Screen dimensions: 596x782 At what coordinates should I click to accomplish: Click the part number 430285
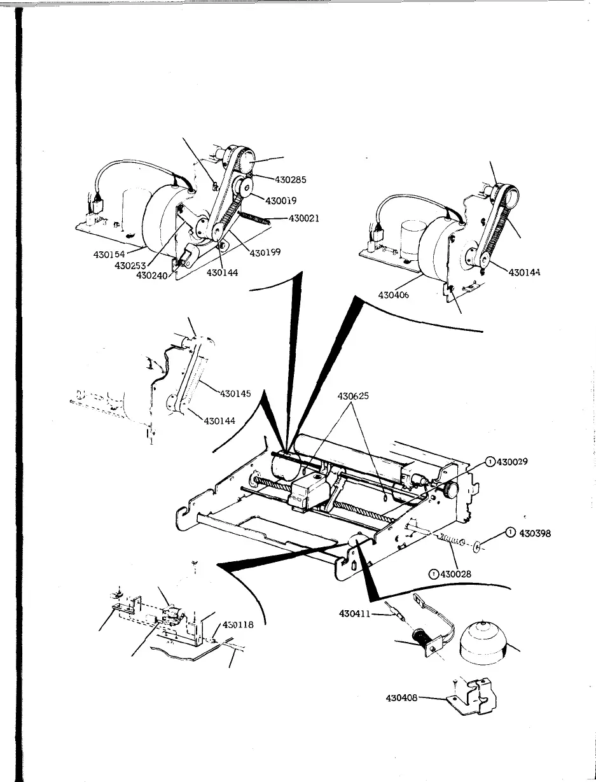291,179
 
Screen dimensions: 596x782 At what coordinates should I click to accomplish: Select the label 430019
282,200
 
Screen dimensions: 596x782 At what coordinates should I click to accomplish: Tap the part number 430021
304,218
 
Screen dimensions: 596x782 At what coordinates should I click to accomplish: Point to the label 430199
266,253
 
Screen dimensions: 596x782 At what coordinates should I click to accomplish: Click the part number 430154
109,255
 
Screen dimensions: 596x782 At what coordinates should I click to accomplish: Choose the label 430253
131,265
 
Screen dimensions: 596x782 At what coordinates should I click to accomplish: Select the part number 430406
394,295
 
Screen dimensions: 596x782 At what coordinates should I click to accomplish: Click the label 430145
236,393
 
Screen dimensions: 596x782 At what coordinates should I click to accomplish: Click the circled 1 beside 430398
510,533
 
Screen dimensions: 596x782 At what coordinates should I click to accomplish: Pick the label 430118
238,625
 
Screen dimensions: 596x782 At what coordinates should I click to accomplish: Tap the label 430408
403,697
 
